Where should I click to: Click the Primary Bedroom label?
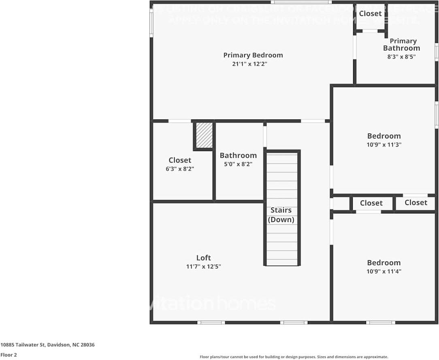click(253, 55)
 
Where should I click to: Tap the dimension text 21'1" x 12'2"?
click(250, 64)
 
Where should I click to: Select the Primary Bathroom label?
click(401, 45)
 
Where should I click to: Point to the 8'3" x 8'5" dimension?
click(401, 57)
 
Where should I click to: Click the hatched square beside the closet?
click(204, 135)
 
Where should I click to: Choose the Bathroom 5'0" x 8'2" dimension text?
click(238, 164)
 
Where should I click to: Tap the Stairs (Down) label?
click(281, 215)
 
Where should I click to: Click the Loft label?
click(203, 258)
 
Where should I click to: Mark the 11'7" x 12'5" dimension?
click(203, 266)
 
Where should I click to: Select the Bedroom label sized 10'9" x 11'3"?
click(384, 136)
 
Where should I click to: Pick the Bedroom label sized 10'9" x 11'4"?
click(384, 262)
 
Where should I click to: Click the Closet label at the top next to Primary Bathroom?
click(370, 13)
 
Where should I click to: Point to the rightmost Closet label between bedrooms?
click(416, 202)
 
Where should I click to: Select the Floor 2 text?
click(9, 355)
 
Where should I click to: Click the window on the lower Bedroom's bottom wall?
click(380, 322)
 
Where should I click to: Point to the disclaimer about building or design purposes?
click(294, 357)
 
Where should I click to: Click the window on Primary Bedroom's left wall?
click(151, 23)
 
